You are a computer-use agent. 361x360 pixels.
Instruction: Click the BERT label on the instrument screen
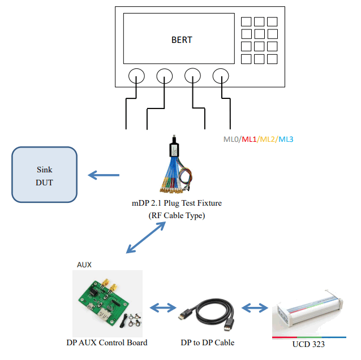(182, 40)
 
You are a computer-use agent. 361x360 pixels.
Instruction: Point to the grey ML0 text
(231, 139)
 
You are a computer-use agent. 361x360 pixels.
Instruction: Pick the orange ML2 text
(268, 139)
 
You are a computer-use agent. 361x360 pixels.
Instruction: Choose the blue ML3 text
(286, 139)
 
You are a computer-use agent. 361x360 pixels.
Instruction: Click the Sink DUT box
(44, 175)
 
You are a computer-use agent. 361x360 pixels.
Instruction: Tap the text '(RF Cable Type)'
(176, 215)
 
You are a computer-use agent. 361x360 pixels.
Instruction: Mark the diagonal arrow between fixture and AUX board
(146, 237)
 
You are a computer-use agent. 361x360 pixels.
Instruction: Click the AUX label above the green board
(84, 264)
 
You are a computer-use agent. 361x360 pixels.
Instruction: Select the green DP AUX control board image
(108, 302)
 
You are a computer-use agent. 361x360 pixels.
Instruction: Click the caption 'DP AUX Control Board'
(107, 342)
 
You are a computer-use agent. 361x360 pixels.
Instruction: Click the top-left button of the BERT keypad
(247, 21)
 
